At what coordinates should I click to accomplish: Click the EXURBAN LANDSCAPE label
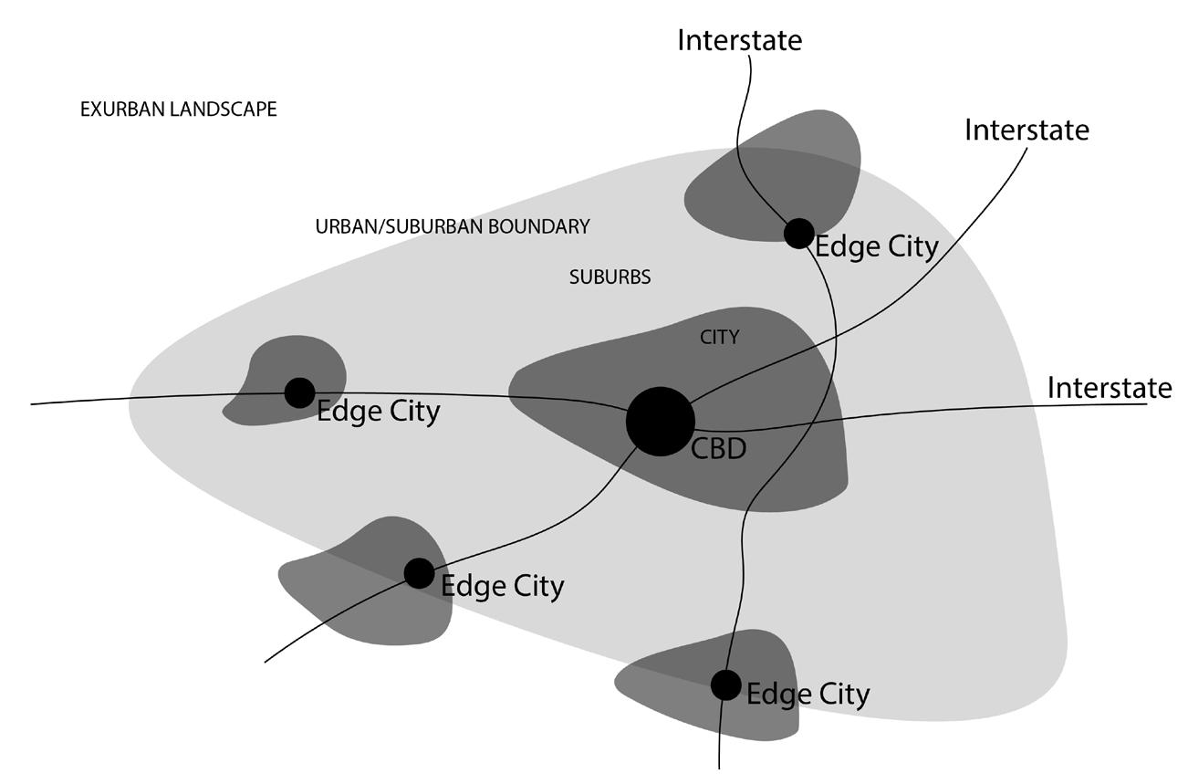[178, 110]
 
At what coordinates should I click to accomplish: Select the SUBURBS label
[610, 277]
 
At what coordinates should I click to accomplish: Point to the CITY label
[719, 338]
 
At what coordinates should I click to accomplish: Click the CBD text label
[719, 449]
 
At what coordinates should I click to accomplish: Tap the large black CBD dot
[660, 421]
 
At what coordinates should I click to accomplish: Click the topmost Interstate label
[739, 40]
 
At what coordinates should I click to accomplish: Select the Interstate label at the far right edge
[1109, 388]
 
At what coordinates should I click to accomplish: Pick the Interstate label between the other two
[1026, 130]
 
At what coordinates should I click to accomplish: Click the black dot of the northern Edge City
[798, 233]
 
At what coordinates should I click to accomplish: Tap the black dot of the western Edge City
[299, 392]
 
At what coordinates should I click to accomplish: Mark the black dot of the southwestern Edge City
[419, 573]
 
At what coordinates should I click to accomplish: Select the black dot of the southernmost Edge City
[725, 684]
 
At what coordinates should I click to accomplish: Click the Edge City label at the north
[876, 247]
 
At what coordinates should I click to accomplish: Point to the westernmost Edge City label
[378, 412]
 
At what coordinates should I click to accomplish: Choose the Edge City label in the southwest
[502, 586]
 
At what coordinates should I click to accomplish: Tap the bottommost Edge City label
[808, 695]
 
